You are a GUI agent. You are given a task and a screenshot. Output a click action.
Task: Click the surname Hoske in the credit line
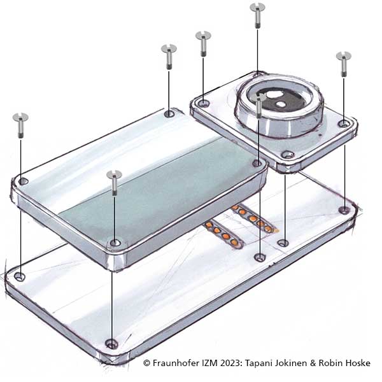click(x=358, y=363)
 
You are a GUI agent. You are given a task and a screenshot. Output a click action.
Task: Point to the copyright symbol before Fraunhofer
click(x=146, y=363)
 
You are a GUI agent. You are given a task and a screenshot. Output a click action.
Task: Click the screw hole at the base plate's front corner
click(x=112, y=344)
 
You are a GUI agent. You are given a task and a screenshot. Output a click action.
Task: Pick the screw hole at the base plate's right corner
click(x=344, y=209)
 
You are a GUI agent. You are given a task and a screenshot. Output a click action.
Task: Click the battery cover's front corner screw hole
click(x=115, y=243)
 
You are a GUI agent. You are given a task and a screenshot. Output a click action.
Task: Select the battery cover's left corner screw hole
click(x=24, y=181)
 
